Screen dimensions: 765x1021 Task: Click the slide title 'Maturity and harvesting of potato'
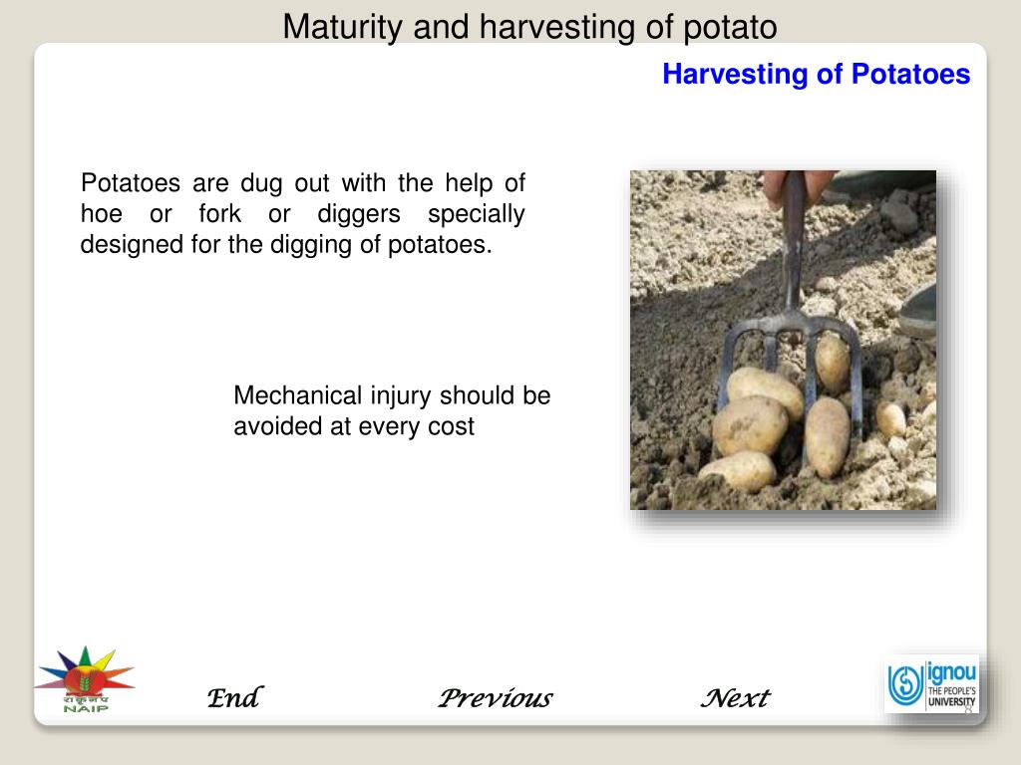point(529,27)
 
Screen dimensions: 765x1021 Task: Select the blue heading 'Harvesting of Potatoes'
point(816,75)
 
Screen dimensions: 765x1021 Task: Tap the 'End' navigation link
point(233,698)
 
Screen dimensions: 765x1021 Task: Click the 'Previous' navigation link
point(495,698)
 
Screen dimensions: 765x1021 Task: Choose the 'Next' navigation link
point(735,698)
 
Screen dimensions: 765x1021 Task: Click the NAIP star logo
point(85,678)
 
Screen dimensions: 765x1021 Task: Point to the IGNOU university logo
point(932,684)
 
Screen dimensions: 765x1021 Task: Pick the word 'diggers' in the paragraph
point(359,214)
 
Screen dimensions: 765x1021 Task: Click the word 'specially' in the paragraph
point(476,214)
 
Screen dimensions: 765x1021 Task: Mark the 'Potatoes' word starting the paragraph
point(130,183)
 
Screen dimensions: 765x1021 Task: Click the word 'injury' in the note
point(402,395)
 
